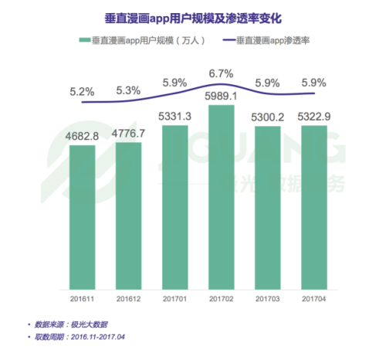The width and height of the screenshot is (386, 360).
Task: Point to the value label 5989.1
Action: pos(220,98)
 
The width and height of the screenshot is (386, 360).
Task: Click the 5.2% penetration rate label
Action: pos(80,91)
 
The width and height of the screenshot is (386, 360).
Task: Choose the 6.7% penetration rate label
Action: pos(220,73)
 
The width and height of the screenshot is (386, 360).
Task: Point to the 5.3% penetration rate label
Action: pos(127,91)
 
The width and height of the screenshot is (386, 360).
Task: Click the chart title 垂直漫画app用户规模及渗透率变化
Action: pos(193,15)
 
